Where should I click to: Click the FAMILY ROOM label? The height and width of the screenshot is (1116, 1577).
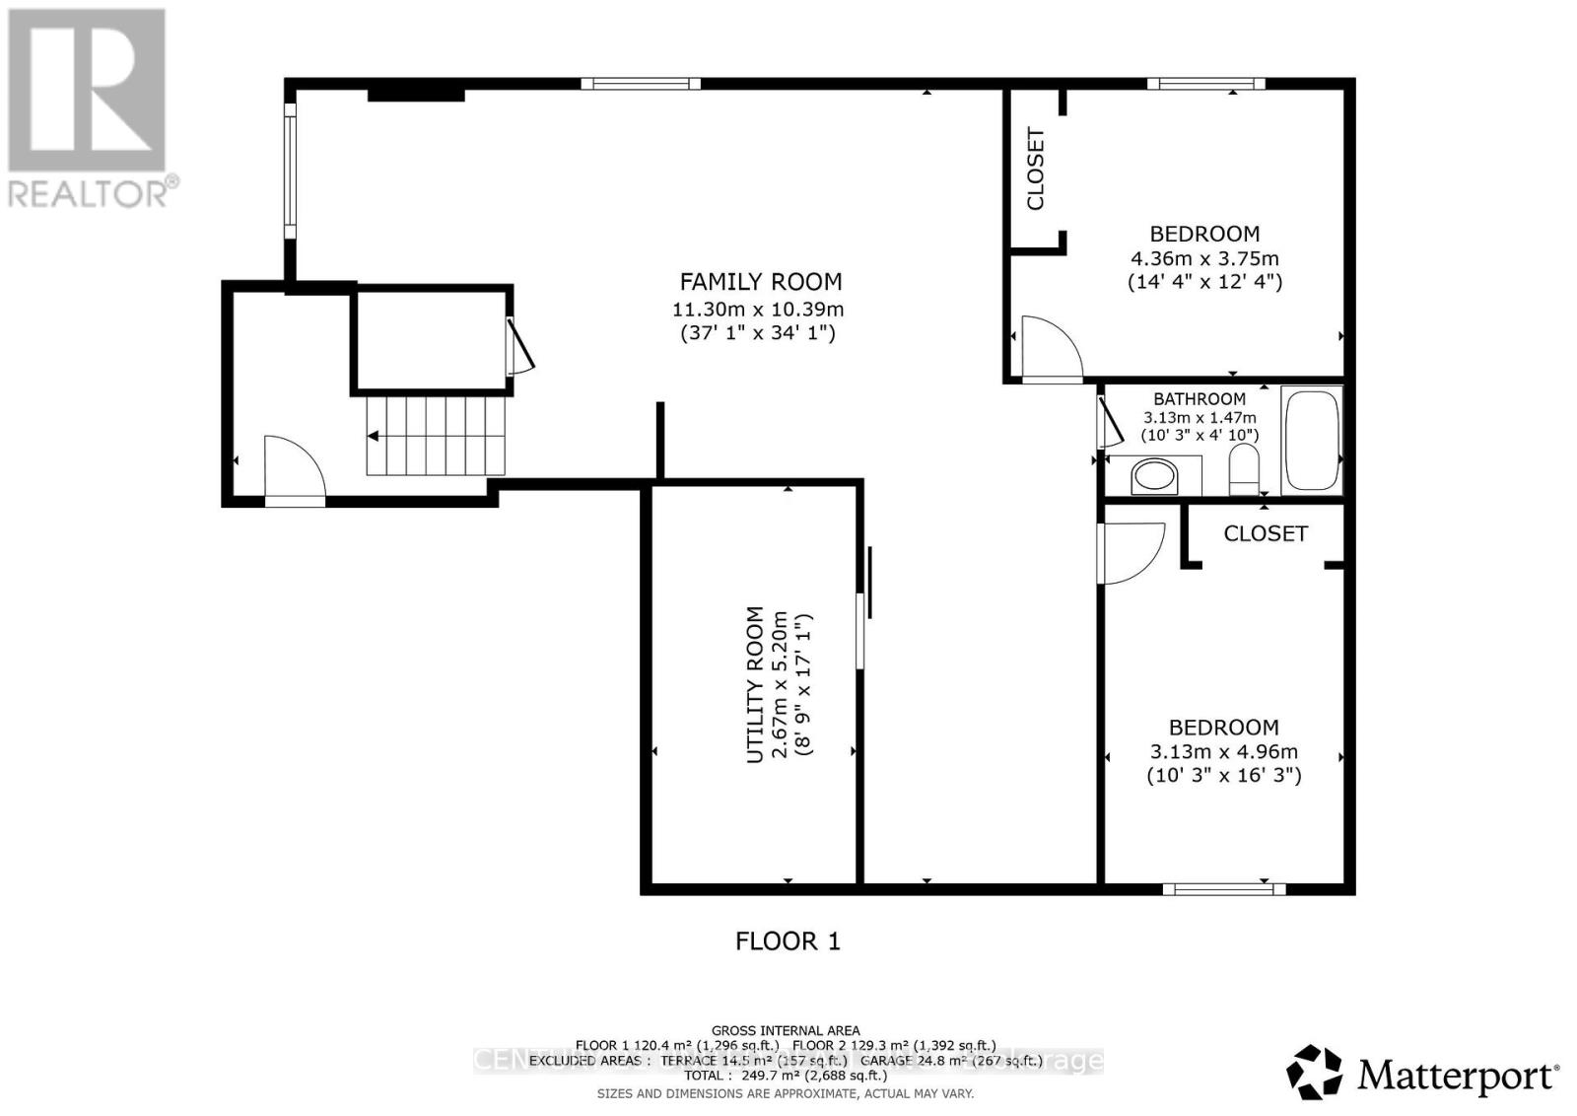tap(760, 282)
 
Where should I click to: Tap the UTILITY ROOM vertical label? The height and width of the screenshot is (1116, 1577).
tap(755, 683)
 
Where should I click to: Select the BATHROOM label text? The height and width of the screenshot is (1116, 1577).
tap(1200, 399)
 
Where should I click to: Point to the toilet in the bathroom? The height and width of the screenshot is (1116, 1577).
tap(1245, 469)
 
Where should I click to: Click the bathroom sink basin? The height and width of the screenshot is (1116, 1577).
tap(1154, 478)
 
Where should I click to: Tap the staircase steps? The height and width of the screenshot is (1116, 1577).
tap(436, 435)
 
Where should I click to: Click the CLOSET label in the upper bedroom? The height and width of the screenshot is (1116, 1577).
tap(1036, 169)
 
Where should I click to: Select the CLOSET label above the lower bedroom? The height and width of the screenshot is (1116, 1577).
tap(1266, 533)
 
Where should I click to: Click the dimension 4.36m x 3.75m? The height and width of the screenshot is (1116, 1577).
tap(1204, 258)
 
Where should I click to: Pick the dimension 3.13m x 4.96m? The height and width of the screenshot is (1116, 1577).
tap(1223, 751)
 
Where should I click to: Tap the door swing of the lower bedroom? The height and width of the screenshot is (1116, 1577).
tap(1131, 553)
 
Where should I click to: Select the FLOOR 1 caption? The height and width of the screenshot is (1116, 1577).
tap(788, 942)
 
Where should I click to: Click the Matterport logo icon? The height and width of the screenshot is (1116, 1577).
tap(1315, 1073)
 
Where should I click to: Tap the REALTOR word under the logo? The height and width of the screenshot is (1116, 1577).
tap(89, 192)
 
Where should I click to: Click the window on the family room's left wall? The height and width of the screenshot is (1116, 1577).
tap(290, 170)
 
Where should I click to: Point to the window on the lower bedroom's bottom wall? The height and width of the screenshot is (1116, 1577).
tap(1223, 888)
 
